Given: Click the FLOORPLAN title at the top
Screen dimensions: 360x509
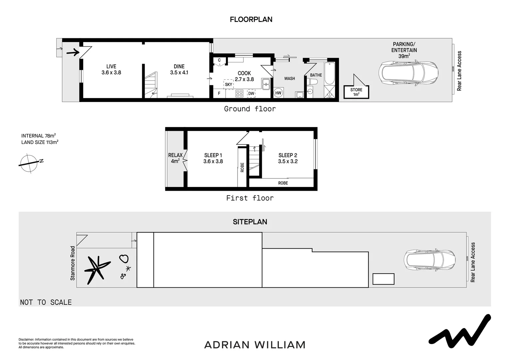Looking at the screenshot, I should tap(251, 19).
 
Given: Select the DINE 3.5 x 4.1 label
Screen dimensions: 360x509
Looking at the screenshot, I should tap(179, 69).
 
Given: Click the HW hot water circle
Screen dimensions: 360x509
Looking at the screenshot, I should tap(278, 93).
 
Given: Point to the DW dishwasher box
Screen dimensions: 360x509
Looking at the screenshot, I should tap(251, 93).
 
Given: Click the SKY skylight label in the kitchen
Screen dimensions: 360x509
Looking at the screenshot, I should tap(229, 84).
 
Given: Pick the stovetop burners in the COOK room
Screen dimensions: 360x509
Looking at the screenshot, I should tap(239, 93).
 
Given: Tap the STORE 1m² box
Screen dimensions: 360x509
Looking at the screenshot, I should tap(356, 92).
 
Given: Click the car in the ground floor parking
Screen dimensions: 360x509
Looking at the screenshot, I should tap(408, 73).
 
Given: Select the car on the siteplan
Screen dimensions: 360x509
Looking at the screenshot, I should tap(429, 260).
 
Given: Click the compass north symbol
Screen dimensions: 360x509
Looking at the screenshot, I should tap(29, 163).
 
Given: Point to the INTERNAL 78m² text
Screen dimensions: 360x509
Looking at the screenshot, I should tap(38, 136).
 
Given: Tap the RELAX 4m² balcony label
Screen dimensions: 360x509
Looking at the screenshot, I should tap(175, 158).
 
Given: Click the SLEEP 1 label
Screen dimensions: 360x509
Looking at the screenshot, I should tap(213, 158).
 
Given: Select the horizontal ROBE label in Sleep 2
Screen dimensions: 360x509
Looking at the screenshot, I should tap(283, 183).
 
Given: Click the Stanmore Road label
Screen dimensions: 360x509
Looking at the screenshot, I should tap(73, 263).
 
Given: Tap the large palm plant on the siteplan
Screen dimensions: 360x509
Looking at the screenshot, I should tap(96, 269).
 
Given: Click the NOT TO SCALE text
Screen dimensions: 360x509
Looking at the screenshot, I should tap(46, 302).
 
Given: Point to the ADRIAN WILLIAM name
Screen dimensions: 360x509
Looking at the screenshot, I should tap(254, 345).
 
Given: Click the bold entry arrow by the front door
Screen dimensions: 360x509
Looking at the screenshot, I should tap(73, 52).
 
